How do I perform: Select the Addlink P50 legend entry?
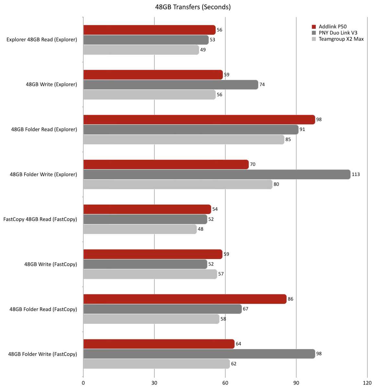[333, 27]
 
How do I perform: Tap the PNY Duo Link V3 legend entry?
[338, 33]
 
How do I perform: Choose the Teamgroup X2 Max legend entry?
[341, 39]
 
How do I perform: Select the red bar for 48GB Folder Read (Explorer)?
[199, 120]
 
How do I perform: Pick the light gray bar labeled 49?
[141, 50]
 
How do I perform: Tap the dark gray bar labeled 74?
[170, 85]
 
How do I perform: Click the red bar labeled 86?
[185, 299]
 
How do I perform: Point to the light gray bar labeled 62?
[156, 364]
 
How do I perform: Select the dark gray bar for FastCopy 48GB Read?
[145, 219]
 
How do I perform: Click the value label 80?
[276, 184]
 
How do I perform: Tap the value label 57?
[221, 274]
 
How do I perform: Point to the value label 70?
[252, 164]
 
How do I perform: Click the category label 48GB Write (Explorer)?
[51, 85]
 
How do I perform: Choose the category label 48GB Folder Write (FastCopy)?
[42, 354]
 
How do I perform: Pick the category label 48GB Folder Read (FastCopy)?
[43, 309]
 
